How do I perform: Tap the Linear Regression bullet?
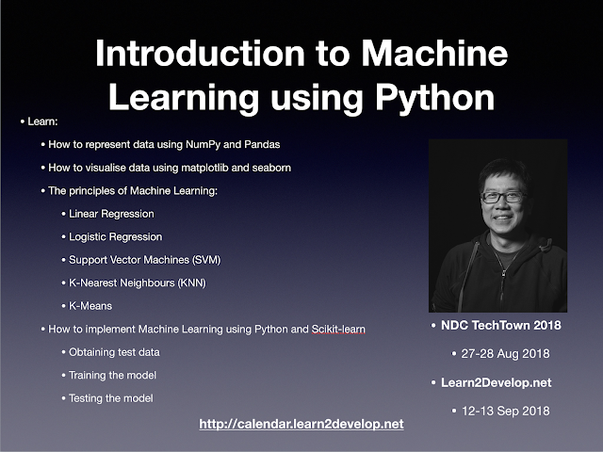[111, 214]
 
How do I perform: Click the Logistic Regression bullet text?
[115, 236]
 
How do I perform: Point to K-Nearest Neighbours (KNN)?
[138, 282]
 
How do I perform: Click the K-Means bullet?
[92, 305]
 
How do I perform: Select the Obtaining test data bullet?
[114, 351]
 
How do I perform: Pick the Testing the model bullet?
[110, 397]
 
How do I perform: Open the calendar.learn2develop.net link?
[301, 425]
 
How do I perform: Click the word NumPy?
[205, 145]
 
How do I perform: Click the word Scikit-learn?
[338, 329]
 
